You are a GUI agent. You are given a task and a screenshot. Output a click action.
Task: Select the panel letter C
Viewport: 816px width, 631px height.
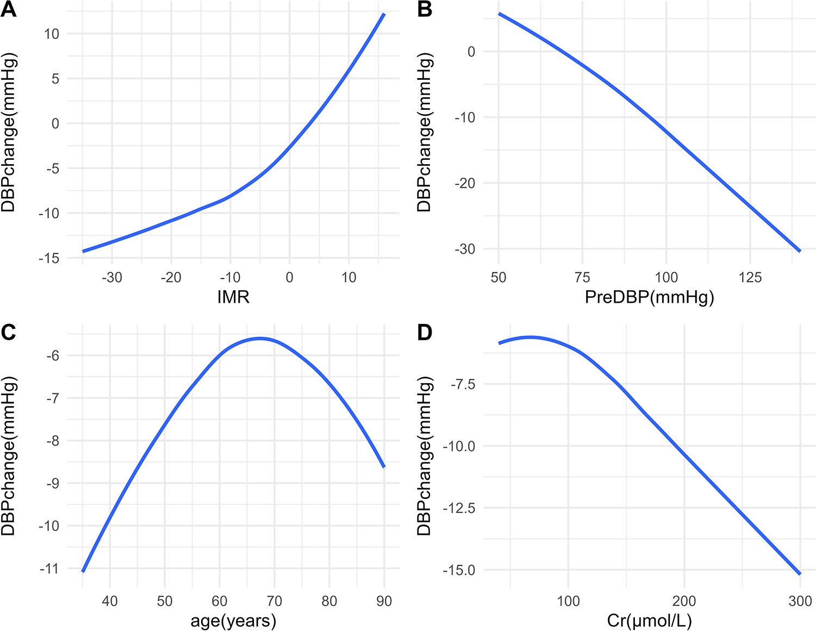coord(8,332)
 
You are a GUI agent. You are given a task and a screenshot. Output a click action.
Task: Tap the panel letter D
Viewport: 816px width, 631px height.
coord(425,332)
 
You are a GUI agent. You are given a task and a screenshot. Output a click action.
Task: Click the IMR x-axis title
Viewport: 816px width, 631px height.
coord(233,297)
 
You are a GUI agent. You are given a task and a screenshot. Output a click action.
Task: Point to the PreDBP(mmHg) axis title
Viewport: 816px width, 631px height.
coord(649,297)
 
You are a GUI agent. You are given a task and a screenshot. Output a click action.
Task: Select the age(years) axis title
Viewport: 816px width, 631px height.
coord(233,620)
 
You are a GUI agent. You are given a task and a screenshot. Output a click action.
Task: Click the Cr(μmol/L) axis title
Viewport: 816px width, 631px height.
coord(649,620)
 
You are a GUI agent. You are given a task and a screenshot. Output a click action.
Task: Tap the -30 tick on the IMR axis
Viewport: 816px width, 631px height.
coord(111,277)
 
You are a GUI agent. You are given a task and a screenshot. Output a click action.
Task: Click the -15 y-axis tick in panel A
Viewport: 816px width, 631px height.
coord(49,258)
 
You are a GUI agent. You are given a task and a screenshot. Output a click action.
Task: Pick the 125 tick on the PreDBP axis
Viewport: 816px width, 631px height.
coord(750,277)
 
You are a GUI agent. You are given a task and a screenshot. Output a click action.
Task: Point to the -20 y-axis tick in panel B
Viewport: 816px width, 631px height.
coord(465,183)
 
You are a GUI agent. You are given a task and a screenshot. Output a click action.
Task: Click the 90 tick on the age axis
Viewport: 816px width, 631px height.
coord(384,601)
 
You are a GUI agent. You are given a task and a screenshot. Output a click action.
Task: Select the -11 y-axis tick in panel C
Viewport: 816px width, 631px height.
coord(49,568)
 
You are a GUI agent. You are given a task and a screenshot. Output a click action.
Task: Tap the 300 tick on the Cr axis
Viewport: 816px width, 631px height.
coord(800,601)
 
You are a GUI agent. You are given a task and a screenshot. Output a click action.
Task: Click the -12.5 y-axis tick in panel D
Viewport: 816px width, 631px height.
coord(459,508)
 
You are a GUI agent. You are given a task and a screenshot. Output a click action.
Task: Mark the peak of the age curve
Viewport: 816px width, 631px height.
coord(260,338)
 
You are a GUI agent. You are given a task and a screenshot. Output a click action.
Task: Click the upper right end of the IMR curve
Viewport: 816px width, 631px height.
coord(384,14)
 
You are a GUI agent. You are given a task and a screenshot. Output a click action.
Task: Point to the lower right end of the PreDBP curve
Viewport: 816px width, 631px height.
coord(800,251)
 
